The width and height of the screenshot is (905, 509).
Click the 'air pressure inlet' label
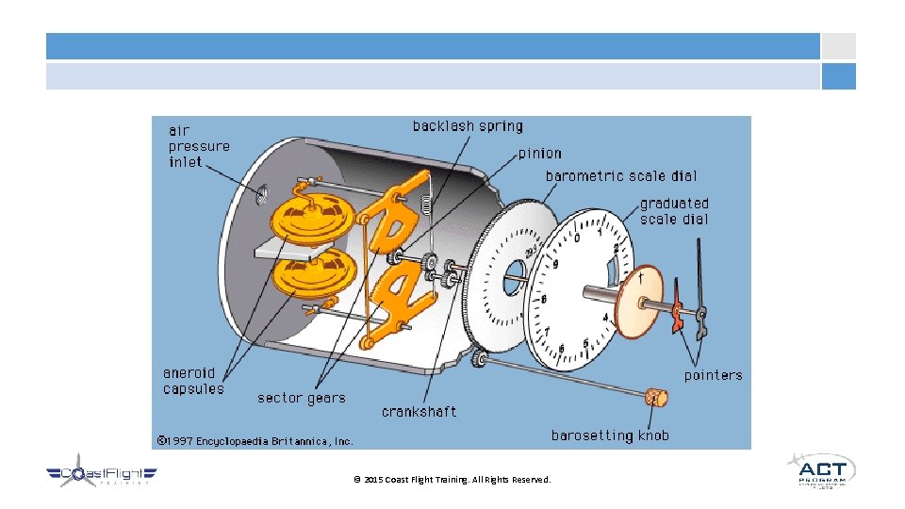pyautogui.click(x=199, y=146)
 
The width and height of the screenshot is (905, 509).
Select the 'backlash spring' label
pyautogui.click(x=468, y=126)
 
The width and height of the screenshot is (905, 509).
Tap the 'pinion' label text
pyautogui.click(x=539, y=153)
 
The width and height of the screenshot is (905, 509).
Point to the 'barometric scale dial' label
pyautogui.click(x=621, y=176)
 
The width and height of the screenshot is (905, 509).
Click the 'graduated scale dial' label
pyautogui.click(x=674, y=211)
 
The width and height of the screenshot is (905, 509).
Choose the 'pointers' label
pyautogui.click(x=713, y=375)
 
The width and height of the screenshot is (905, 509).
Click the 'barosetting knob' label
pyautogui.click(x=610, y=435)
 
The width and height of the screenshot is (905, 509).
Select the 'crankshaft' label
pyautogui.click(x=420, y=412)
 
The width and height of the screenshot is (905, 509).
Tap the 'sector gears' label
pyautogui.click(x=302, y=398)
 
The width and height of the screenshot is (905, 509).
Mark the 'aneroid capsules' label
pyautogui.click(x=194, y=381)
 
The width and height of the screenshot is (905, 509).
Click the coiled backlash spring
pyautogui.click(x=426, y=201)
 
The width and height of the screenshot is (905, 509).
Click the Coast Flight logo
pyautogui.click(x=101, y=474)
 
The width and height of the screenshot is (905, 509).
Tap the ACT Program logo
pyautogui.click(x=821, y=470)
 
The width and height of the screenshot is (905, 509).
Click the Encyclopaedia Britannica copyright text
pyautogui.click(x=255, y=440)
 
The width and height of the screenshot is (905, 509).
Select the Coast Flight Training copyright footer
pyautogui.click(x=452, y=480)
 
